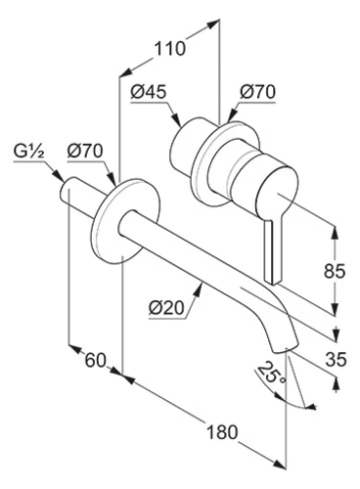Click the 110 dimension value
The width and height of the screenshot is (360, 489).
click(169, 48)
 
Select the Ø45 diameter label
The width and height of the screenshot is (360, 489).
click(149, 92)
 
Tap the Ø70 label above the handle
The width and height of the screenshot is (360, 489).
click(257, 92)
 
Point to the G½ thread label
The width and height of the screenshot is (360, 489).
click(28, 151)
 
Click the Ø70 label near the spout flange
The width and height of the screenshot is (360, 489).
click(85, 151)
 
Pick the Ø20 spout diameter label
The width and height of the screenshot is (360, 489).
click(166, 307)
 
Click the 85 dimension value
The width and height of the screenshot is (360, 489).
click(335, 271)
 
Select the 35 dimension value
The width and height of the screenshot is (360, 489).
click(336, 360)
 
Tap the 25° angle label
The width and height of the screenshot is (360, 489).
click(272, 373)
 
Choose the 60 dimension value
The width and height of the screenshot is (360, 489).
click(96, 361)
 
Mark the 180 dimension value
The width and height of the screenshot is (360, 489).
click(222, 432)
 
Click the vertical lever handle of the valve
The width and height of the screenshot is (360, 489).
click(273, 250)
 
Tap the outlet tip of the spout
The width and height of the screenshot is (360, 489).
click(286, 347)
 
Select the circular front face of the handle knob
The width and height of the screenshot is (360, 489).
click(277, 193)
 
